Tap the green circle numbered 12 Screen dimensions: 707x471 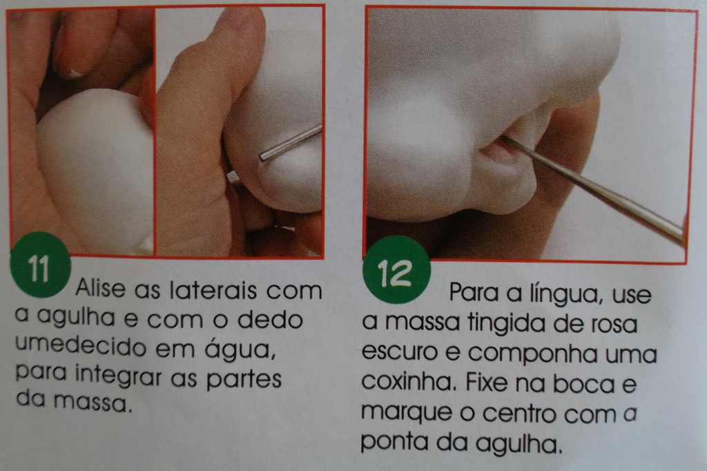click(396, 270)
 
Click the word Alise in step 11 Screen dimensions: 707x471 click(101, 288)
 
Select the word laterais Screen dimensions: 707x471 click(214, 289)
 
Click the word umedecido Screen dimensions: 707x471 click(80, 347)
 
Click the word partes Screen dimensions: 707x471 click(244, 379)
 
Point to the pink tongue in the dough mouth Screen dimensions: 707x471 click(503, 153)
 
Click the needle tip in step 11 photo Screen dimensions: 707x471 click(262, 157)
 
